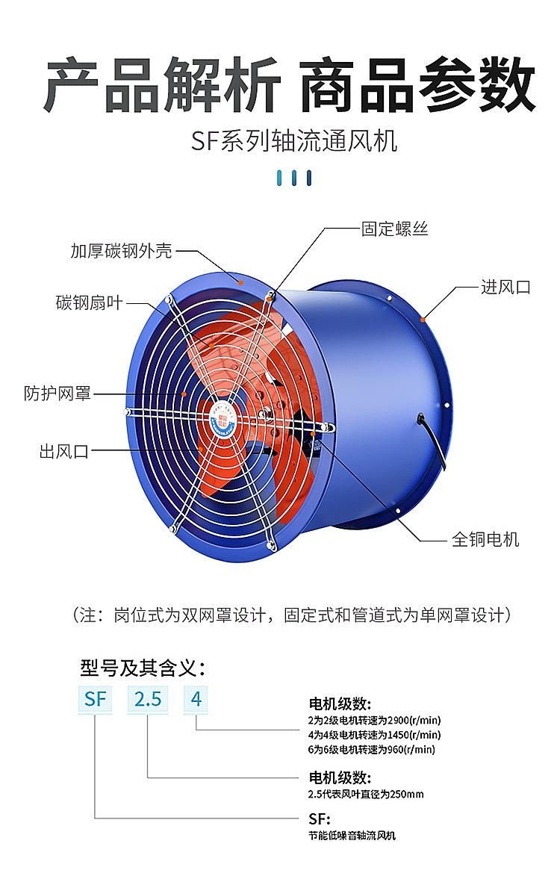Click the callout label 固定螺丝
[x=395, y=229]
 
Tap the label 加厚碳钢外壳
[x=121, y=251]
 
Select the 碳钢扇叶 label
[x=89, y=302]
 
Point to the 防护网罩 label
[x=57, y=393]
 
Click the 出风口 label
[x=64, y=451]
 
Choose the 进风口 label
[x=505, y=287]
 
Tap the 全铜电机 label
[x=485, y=539]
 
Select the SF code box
[x=95, y=698]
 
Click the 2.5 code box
[x=148, y=698]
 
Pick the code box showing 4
[x=196, y=698]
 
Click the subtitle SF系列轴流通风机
[x=294, y=141]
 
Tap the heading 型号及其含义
[x=143, y=667]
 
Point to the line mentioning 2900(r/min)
[x=374, y=720]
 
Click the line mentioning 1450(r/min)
[x=374, y=734]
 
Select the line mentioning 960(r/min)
[x=372, y=749]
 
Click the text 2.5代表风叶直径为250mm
[x=366, y=794]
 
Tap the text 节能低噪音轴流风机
[x=352, y=836]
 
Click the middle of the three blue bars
[x=294, y=178]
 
